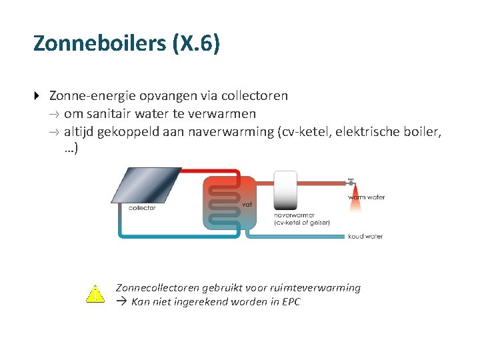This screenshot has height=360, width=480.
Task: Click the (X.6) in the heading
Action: click(196, 43)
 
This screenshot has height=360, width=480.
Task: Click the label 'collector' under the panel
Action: click(142, 208)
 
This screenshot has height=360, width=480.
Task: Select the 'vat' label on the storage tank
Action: click(246, 204)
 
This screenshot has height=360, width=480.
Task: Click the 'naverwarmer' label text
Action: click(293, 215)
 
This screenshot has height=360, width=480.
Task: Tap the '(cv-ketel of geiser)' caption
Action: click(302, 223)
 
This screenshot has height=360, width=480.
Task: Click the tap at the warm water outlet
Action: click(351, 181)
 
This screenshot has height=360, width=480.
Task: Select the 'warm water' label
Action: click(366, 197)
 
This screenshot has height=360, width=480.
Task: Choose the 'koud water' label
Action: click(365, 237)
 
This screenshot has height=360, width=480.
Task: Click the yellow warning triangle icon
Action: click(95, 295)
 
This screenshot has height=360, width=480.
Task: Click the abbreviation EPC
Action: click(291, 302)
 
